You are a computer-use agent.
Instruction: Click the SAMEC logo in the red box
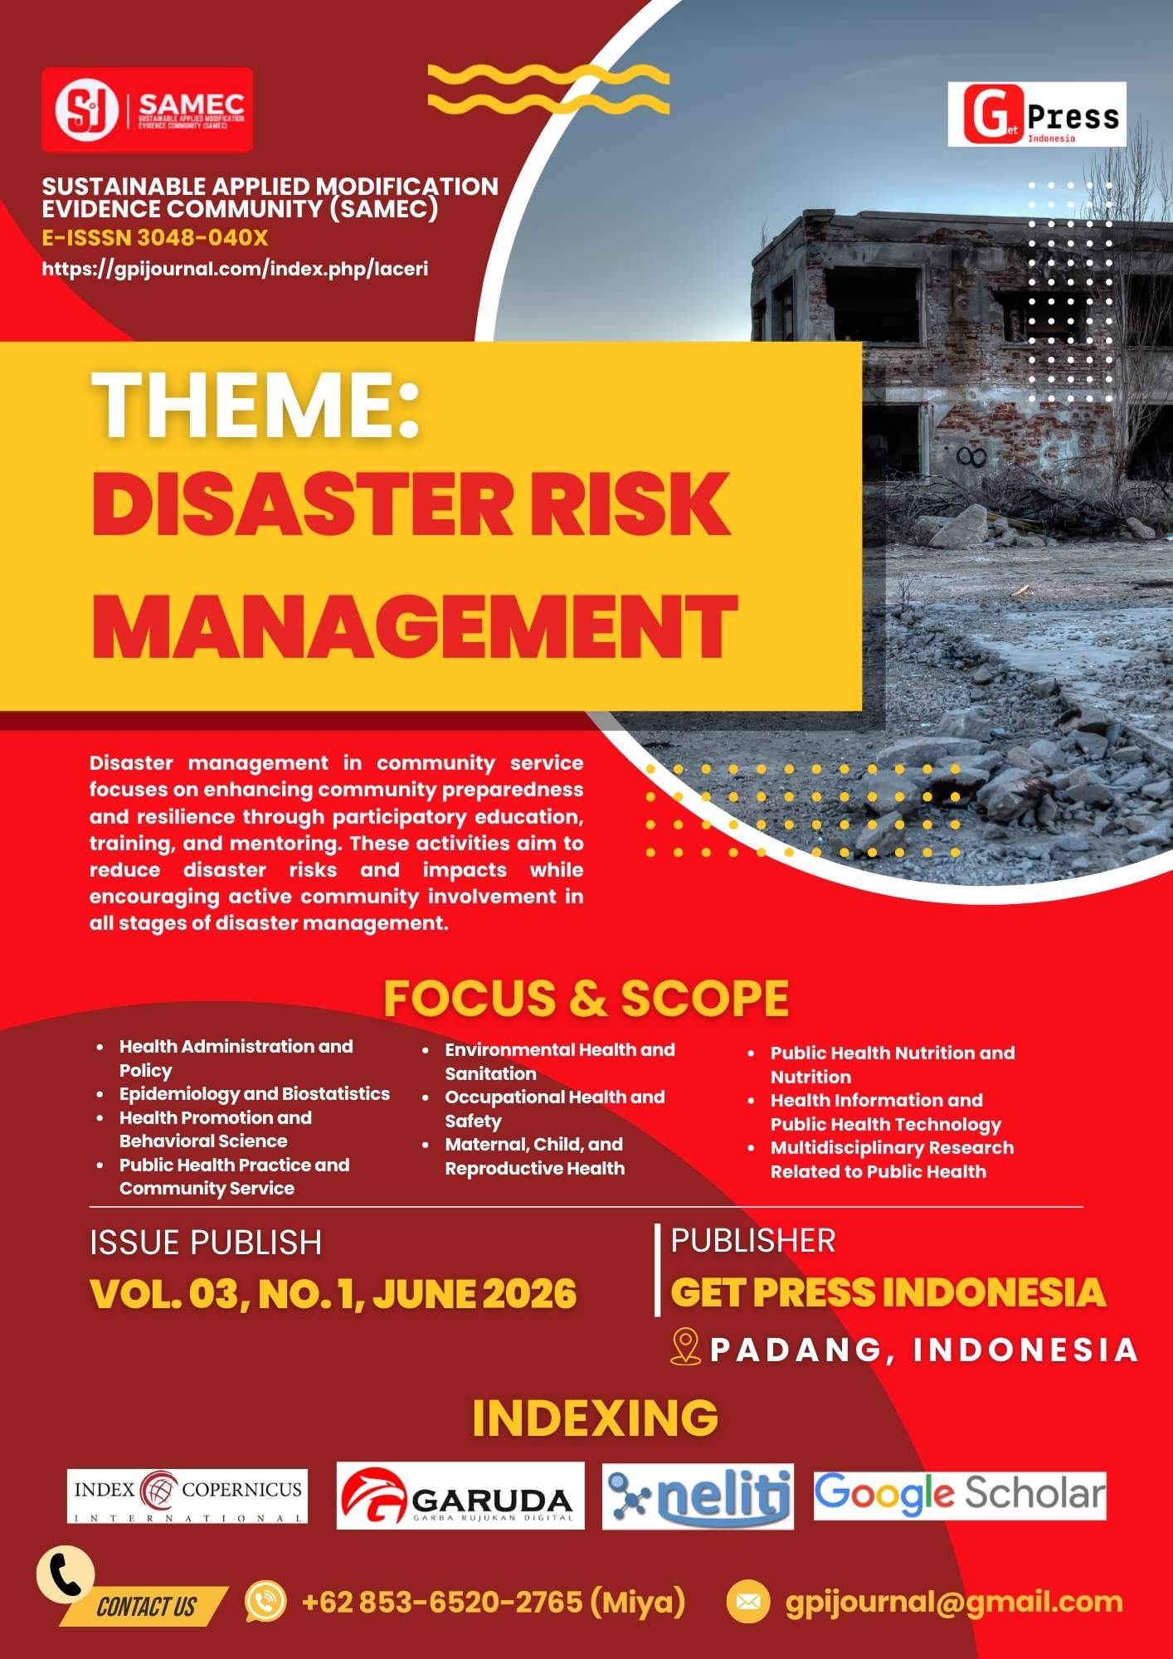coord(147,109)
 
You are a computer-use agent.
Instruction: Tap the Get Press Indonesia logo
coord(1037,114)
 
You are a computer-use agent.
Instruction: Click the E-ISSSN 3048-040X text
coord(155,238)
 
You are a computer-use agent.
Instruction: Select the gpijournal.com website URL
coord(235,269)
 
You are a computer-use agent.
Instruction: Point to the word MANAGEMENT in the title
coord(414,626)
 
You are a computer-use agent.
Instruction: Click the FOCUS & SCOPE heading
coord(586,998)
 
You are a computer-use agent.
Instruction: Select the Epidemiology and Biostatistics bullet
coord(254,1093)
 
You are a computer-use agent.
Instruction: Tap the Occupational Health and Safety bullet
coord(554,1108)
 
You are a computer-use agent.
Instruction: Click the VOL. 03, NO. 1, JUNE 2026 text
coord(333,1294)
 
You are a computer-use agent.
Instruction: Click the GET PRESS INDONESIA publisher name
coord(888,1292)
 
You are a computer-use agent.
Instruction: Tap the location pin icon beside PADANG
coord(685,1347)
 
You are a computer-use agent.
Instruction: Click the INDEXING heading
coord(595,1418)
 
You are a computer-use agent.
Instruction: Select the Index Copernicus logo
coord(187,1496)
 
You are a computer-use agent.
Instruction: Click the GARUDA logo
coord(460,1496)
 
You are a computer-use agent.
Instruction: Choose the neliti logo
coord(698,1496)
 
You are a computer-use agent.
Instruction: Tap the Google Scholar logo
coord(960,1495)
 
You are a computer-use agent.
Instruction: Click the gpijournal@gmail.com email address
coord(954,1602)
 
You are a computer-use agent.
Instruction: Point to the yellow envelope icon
coord(747,1602)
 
